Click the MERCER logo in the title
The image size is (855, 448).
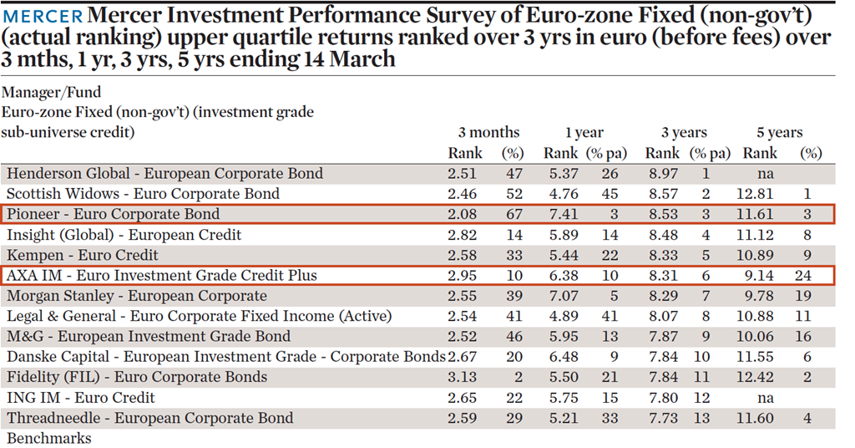[43, 16]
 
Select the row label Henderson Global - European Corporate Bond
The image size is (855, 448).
[164, 174]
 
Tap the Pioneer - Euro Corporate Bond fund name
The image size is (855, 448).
[113, 214]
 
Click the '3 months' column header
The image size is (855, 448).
[488, 133]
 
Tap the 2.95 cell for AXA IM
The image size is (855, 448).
[465, 275]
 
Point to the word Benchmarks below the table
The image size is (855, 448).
[49, 438]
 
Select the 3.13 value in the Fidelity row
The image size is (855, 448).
[465, 377]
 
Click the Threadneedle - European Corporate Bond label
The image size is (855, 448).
[149, 418]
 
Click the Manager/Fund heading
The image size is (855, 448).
[51, 93]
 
